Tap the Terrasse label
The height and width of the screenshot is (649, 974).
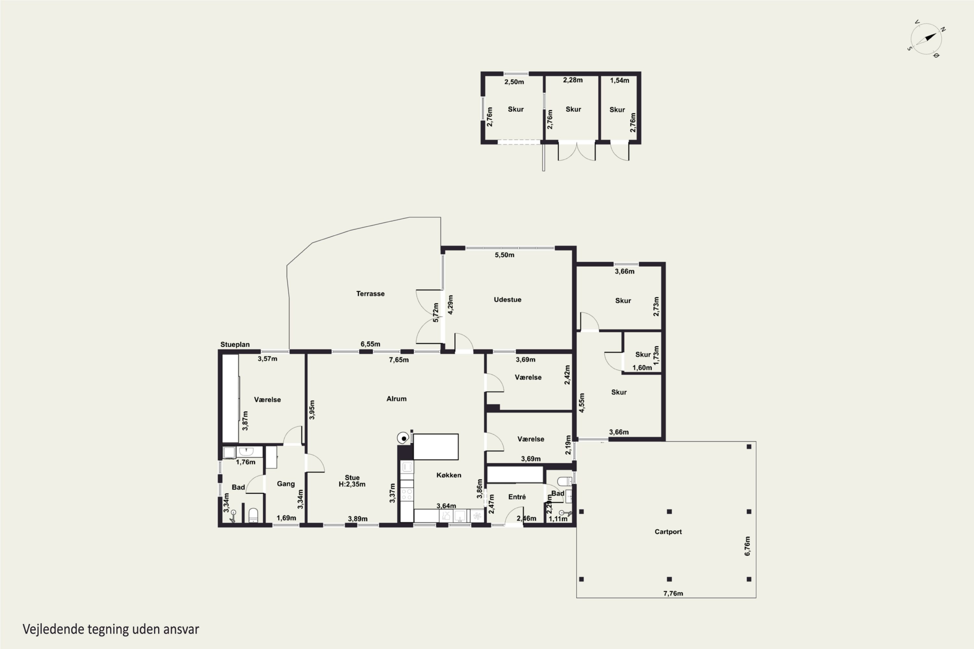[370, 293]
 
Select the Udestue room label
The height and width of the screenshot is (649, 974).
[507, 299]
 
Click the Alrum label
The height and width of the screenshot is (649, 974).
[396, 398]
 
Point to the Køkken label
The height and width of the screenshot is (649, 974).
[448, 475]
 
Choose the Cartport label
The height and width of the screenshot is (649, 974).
[668, 532]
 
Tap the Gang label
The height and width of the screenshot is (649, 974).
[286, 484]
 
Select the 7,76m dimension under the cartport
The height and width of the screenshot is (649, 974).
[673, 593]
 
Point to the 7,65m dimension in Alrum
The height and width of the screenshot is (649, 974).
[398, 360]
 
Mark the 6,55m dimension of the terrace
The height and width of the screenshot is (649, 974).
[370, 344]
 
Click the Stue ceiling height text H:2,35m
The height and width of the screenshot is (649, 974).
[352, 484]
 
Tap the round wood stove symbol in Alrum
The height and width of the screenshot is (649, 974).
[403, 438]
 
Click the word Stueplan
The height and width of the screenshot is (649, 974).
[235, 344]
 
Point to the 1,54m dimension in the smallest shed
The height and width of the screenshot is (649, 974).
[619, 80]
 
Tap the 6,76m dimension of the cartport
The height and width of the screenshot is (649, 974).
[747, 546]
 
